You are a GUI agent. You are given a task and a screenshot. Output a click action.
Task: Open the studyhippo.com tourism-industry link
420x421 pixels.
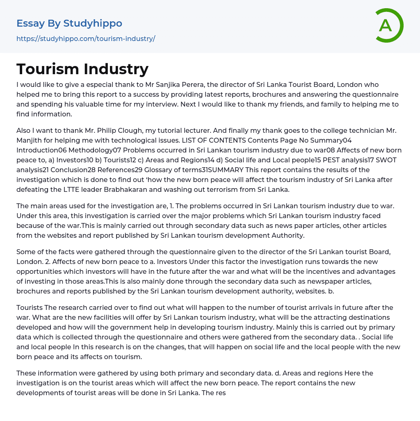pos(86,39)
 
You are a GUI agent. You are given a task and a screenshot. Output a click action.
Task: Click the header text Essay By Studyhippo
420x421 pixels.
pos(69,23)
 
